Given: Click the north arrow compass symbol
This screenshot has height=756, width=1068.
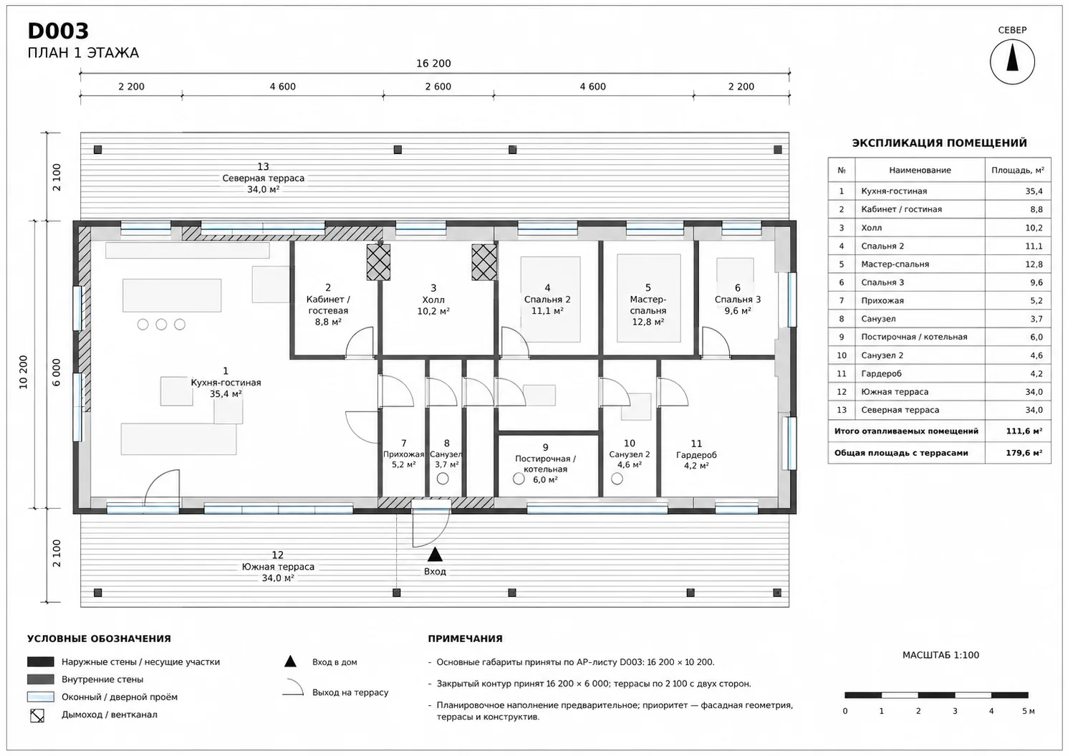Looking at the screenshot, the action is (x=1011, y=62).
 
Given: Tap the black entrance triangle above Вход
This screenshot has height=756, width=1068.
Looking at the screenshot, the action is (x=435, y=554).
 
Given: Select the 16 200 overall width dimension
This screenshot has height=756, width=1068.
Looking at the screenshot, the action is (x=433, y=64).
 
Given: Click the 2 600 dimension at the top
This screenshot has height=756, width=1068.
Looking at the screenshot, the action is (x=438, y=87).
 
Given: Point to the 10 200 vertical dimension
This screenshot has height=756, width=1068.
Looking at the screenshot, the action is (x=24, y=373).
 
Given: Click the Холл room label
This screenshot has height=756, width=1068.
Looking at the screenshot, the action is (x=433, y=300).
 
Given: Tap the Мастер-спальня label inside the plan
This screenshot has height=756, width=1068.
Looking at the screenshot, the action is (x=648, y=305).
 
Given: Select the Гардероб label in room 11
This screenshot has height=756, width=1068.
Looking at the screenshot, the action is (x=696, y=455).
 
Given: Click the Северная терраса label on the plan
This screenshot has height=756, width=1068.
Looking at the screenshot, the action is (x=263, y=178).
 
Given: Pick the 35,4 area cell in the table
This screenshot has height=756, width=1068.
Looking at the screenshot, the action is (x=1034, y=191).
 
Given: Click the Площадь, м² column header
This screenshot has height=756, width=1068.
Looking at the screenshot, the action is (x=1017, y=171).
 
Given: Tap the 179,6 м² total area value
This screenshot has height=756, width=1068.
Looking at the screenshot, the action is (x=1024, y=453).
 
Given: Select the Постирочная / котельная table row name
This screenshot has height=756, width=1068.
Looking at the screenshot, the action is (x=914, y=337).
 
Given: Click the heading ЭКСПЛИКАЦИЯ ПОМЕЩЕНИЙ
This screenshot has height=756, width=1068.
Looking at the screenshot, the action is (x=939, y=143).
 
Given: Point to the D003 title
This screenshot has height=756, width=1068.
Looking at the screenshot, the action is (x=58, y=31).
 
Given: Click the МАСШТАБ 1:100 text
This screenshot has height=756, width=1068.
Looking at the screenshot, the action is (x=940, y=655).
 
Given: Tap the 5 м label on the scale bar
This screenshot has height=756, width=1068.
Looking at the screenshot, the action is (x=1028, y=711).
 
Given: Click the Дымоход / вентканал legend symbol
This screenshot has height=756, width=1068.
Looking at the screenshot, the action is (x=37, y=715).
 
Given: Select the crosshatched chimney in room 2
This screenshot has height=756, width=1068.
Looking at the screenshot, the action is (x=378, y=262).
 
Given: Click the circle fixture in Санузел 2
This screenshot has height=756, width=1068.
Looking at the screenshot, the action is (x=617, y=479).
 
